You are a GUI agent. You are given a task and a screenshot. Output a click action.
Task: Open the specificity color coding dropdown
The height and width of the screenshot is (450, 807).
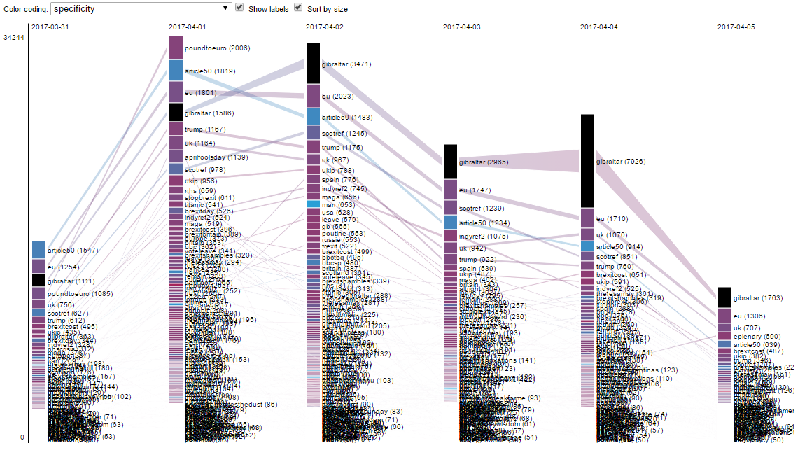pyautogui.click(x=141, y=8)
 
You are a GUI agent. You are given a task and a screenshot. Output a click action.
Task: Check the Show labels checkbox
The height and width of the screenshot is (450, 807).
pyautogui.click(x=240, y=8)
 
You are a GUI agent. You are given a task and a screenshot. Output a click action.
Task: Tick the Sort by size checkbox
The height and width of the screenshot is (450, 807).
pyautogui.click(x=299, y=8)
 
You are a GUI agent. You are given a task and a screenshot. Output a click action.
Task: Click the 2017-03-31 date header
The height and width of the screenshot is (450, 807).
pyautogui.click(x=50, y=27)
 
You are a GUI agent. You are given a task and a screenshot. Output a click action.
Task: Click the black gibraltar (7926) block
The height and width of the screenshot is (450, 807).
pyautogui.click(x=587, y=161)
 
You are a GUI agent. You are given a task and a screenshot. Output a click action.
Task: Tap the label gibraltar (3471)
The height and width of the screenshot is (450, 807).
pyautogui.click(x=346, y=64)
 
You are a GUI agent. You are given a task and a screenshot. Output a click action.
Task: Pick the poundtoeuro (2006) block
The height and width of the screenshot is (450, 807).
pyautogui.click(x=176, y=48)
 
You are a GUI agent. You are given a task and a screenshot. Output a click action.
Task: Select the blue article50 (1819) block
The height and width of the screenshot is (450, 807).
pyautogui.click(x=176, y=71)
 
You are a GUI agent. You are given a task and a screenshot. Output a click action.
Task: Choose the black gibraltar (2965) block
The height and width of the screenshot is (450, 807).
pyautogui.click(x=450, y=162)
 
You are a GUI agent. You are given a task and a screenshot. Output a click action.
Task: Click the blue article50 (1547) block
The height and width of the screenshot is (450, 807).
pyautogui.click(x=38, y=250)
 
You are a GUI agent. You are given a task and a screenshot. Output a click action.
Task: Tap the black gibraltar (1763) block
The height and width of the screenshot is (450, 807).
pyautogui.click(x=724, y=297)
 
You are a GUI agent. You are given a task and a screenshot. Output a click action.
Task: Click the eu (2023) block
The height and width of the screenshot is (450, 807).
pyautogui.click(x=313, y=96)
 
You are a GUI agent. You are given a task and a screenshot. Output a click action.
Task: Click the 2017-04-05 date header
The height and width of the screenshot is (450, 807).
pyautogui.click(x=736, y=27)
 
